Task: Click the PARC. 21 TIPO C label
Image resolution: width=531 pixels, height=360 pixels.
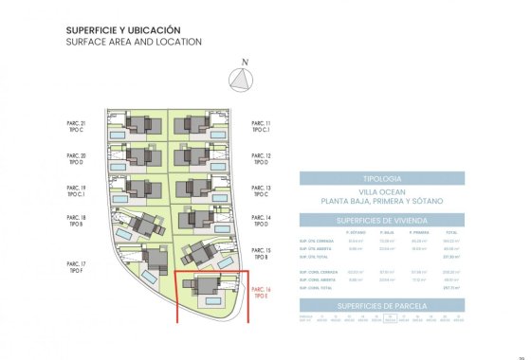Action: [76, 128]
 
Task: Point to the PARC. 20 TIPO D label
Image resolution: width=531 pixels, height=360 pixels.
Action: [76, 159]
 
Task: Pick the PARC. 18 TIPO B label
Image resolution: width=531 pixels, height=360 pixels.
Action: [76, 222]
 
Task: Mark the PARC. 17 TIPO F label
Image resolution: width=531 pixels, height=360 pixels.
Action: [76, 267]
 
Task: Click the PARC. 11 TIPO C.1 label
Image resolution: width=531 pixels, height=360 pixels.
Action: [261, 128]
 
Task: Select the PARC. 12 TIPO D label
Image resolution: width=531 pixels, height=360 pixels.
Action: [261, 159]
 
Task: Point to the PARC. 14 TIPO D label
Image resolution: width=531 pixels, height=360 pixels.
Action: [261, 222]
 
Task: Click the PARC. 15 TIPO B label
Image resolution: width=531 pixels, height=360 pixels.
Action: [261, 253]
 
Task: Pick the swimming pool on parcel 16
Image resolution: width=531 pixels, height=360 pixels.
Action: [210, 299]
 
